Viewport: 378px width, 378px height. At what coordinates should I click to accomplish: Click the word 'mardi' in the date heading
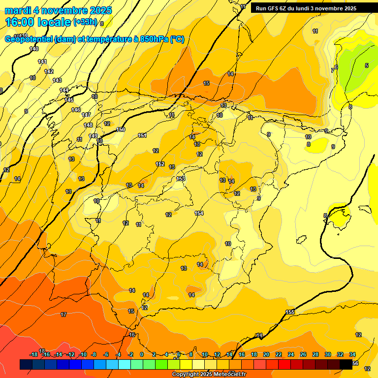[18, 10]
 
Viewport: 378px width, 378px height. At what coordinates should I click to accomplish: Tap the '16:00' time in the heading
[21, 22]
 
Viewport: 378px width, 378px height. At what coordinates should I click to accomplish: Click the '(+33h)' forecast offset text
[86, 22]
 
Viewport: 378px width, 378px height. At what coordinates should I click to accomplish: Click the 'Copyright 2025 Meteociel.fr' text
[209, 375]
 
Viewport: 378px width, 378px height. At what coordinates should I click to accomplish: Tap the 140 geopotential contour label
[34, 49]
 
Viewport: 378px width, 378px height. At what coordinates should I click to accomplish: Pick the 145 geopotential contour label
[69, 100]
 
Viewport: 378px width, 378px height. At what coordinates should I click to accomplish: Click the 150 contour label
[121, 129]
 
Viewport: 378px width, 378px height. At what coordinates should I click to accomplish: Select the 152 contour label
[160, 164]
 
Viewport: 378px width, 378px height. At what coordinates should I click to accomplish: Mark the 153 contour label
[181, 179]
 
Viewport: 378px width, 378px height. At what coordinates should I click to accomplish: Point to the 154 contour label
[199, 213]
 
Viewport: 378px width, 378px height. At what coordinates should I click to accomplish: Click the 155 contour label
[290, 313]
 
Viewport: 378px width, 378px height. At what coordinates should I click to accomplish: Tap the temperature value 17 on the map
[63, 315]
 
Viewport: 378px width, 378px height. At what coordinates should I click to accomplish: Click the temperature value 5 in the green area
[366, 65]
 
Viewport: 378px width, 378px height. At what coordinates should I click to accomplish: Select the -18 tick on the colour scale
[33, 354]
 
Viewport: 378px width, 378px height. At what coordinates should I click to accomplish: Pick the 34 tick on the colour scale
[352, 354]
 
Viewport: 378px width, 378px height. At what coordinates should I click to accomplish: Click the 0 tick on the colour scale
[142, 354]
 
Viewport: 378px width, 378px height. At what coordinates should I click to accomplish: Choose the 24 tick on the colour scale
[291, 354]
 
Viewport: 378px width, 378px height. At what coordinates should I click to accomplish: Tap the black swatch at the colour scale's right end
[346, 364]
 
